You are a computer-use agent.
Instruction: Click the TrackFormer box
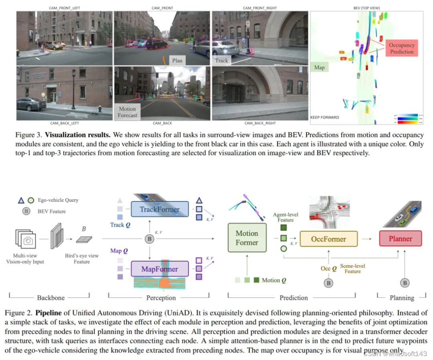[x=159, y=209]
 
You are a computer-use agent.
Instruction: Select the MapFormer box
[x=159, y=269]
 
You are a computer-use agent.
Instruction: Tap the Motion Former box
[x=247, y=238]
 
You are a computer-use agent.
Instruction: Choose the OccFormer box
[x=328, y=239]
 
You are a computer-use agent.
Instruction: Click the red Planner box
[x=400, y=239]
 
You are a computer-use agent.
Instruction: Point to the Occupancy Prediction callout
[x=401, y=48]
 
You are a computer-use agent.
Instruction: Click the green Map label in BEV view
[x=319, y=68]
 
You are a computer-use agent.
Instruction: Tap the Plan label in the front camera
[x=177, y=60]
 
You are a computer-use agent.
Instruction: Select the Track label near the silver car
[x=222, y=60]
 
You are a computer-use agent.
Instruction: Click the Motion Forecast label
[x=127, y=112]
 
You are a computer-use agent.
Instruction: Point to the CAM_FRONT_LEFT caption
[x=64, y=8]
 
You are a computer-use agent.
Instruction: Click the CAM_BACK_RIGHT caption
[x=260, y=123]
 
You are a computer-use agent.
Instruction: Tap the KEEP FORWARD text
[x=324, y=117]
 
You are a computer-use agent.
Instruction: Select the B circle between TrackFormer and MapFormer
[x=149, y=239]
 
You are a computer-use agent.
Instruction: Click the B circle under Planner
[x=405, y=283]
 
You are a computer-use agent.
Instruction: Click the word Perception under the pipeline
[x=161, y=298]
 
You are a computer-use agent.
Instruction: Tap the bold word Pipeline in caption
[x=49, y=313]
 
